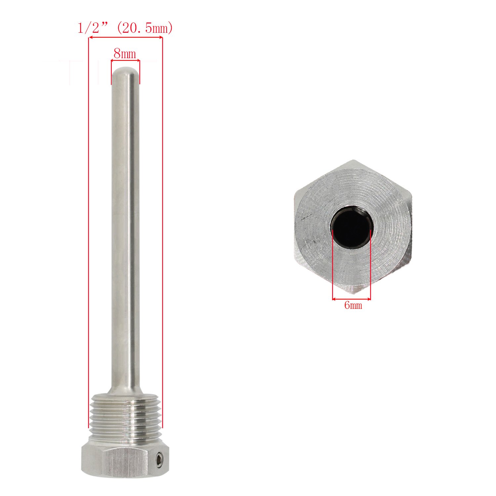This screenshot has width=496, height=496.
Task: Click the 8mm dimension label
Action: (125, 54)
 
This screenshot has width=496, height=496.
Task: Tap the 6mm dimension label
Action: (353, 305)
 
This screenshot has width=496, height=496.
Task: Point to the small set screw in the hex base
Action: (160, 459)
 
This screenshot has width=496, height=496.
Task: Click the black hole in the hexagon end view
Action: (352, 228)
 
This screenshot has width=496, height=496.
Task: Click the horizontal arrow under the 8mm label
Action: (125, 61)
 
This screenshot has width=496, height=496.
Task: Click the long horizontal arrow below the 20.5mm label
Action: (126, 38)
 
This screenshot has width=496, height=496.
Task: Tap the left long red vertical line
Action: (89, 231)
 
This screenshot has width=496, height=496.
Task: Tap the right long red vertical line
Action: (162, 231)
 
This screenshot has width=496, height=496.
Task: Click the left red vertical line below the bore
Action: (332, 265)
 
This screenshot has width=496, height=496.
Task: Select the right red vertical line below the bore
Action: (371, 265)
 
